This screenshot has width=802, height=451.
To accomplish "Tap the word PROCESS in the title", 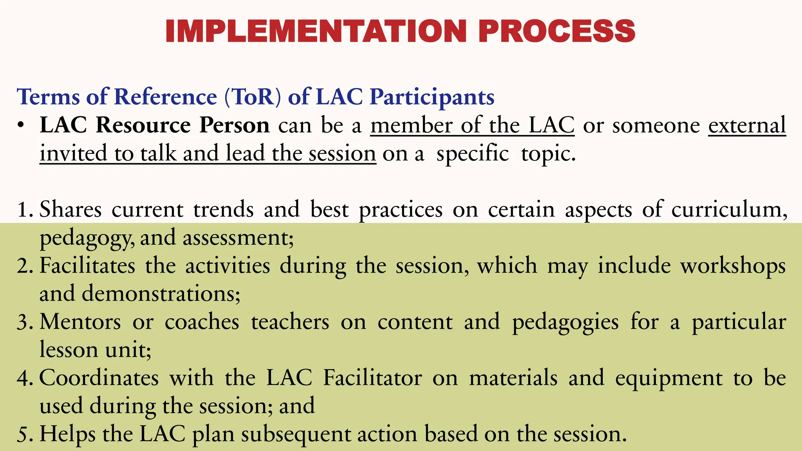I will pyautogui.click(x=556, y=31).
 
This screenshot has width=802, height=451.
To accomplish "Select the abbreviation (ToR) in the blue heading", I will pyautogui.click(x=253, y=97).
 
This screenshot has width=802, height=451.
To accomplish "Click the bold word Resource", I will pyautogui.click(x=143, y=125).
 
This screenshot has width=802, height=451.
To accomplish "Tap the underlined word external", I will pyautogui.click(x=747, y=125).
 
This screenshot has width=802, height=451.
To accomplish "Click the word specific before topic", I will pyautogui.click(x=473, y=153).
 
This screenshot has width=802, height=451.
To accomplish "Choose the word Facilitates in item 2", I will pyautogui.click(x=87, y=265).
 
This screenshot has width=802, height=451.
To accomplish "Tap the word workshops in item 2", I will pyautogui.click(x=733, y=266).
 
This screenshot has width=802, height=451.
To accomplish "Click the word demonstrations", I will pyautogui.click(x=161, y=293).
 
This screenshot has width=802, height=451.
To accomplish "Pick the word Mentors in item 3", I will pyautogui.click(x=80, y=322).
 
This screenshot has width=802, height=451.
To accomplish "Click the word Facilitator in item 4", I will pyautogui.click(x=372, y=378).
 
